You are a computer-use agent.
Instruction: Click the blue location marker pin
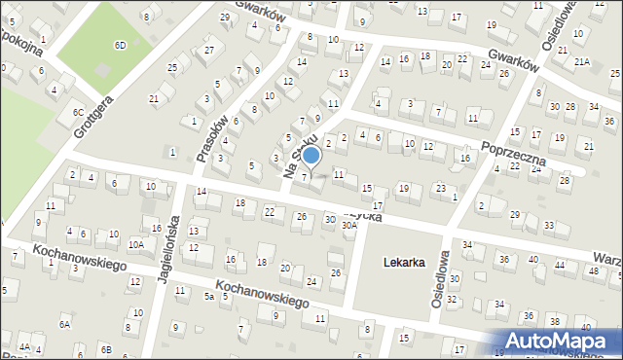pyautogui.click(x=311, y=155)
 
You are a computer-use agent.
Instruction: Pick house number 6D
pyautogui.click(x=120, y=46)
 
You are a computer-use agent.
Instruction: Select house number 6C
pyautogui.click(x=78, y=113)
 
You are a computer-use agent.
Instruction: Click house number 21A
pyautogui.click(x=582, y=62)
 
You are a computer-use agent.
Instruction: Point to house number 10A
pyautogui.click(x=136, y=244)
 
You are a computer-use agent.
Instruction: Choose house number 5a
pyautogui.click(x=208, y=296)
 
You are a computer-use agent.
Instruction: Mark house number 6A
pyautogui.click(x=64, y=324)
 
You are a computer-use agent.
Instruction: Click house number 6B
pyautogui.click(x=105, y=348)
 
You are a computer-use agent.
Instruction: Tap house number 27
pyautogui.click(x=208, y=50)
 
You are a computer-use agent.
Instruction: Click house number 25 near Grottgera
pyautogui.click(x=172, y=67)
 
